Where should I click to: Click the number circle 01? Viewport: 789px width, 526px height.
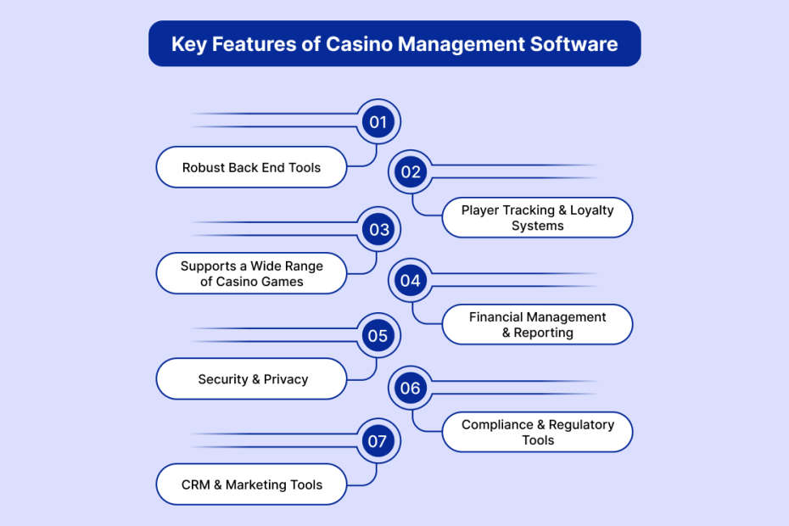click(x=378, y=122)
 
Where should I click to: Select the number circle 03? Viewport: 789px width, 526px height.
click(x=378, y=229)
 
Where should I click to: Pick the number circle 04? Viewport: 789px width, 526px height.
click(x=411, y=280)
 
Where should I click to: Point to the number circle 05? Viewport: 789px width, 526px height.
click(x=378, y=335)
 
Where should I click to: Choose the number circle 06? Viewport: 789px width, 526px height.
click(x=411, y=388)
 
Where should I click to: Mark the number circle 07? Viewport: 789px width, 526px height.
click(x=378, y=441)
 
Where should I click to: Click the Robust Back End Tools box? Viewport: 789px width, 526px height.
click(x=251, y=167)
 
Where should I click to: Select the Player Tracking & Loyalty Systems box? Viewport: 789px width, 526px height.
click(x=537, y=218)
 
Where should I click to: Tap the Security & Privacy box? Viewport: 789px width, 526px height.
click(x=252, y=379)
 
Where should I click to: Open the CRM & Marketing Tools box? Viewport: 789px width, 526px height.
click(x=251, y=485)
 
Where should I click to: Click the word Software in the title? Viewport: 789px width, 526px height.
click(x=578, y=44)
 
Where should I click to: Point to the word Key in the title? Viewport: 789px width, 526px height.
click(x=188, y=44)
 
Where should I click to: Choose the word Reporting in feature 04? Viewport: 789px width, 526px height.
click(x=543, y=333)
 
